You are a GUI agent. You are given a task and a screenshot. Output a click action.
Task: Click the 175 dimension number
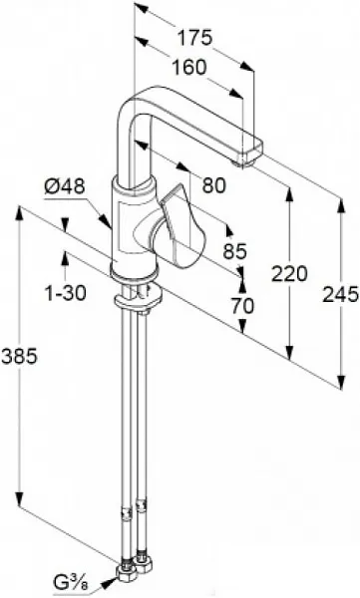click(x=194, y=38)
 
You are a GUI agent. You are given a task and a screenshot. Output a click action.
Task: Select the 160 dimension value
click(x=188, y=68)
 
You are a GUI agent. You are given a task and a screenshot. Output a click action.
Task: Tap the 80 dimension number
click(x=214, y=185)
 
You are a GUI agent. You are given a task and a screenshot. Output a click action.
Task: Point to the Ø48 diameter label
click(x=64, y=187)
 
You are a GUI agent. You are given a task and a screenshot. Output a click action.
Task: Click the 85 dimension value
click(x=235, y=251)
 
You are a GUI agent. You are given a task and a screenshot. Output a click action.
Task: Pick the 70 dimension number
click(x=242, y=306)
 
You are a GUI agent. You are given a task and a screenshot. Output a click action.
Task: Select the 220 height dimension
click(x=289, y=274)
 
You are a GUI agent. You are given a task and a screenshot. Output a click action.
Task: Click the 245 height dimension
click(x=341, y=294)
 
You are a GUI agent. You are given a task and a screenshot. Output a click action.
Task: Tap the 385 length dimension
click(x=19, y=356)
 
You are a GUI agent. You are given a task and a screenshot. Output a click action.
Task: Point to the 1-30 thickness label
click(x=66, y=293)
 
